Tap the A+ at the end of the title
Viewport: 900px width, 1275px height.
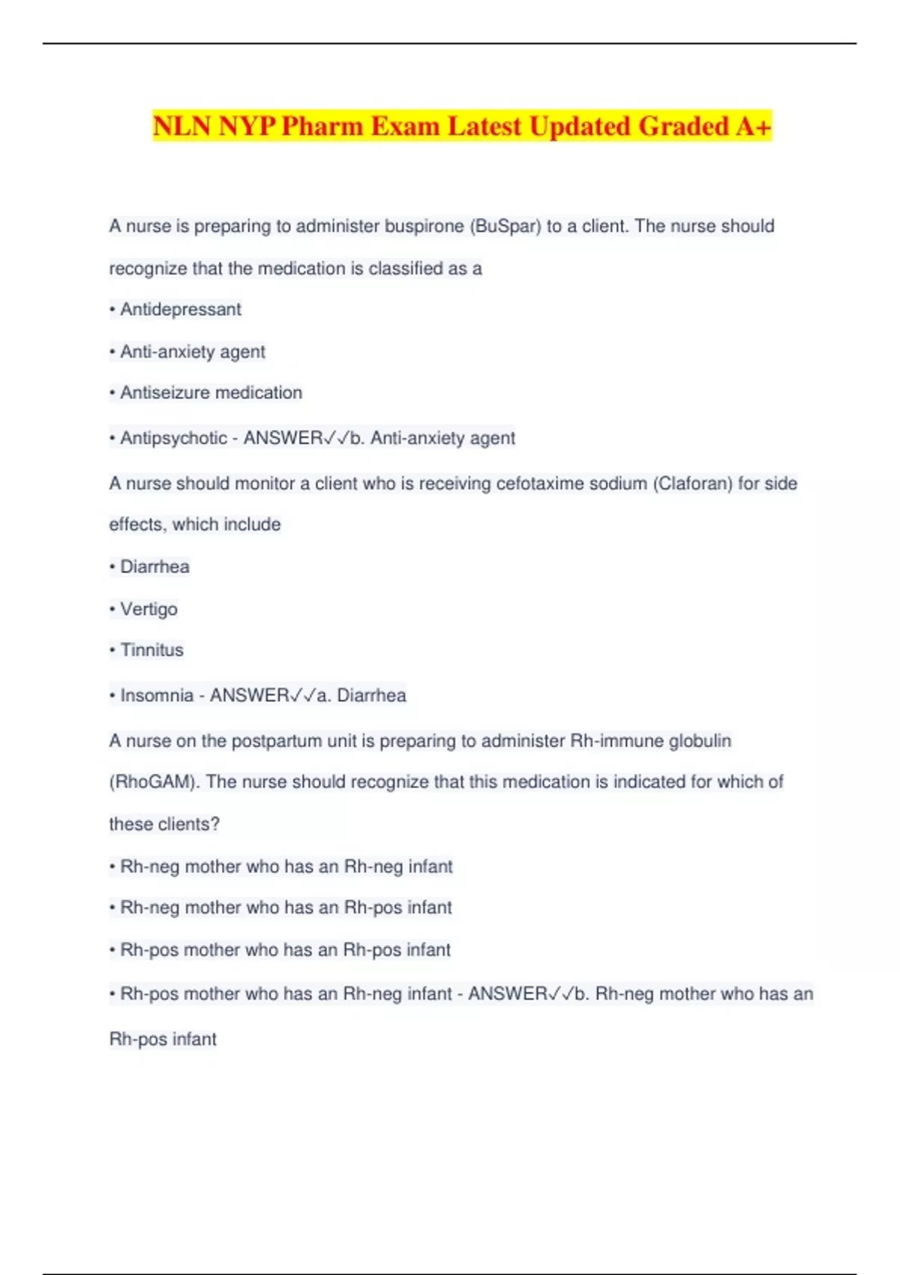(753, 126)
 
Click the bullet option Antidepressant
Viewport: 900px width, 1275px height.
(180, 309)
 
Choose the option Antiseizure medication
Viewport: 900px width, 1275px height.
(211, 392)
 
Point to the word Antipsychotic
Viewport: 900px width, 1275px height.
(173, 438)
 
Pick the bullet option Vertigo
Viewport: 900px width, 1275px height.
(148, 609)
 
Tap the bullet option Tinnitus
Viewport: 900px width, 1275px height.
(151, 649)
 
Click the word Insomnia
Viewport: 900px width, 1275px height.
(157, 695)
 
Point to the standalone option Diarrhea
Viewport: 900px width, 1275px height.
(154, 566)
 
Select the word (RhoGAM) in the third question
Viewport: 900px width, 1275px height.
(154, 782)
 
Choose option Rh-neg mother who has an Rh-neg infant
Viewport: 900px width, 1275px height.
(286, 866)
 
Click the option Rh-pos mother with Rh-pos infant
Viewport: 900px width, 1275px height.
(285, 949)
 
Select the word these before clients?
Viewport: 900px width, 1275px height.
(131, 824)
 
